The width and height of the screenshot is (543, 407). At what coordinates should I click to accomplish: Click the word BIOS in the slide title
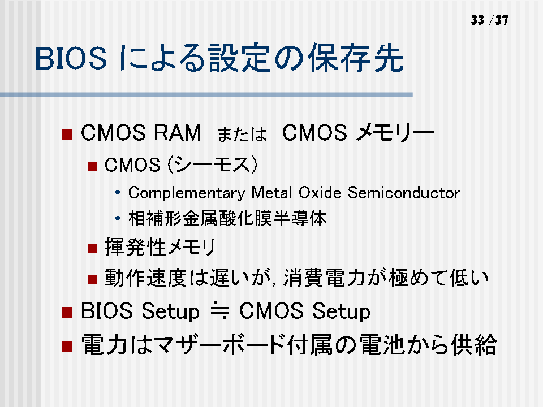pyautogui.click(x=71, y=58)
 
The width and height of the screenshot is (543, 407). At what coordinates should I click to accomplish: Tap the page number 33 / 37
pyautogui.click(x=489, y=20)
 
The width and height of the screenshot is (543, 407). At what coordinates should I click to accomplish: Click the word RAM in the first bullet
pyautogui.click(x=177, y=132)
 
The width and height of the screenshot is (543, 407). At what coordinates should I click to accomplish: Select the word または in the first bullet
pyautogui.click(x=242, y=134)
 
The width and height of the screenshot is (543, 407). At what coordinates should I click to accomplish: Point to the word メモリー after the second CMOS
pyautogui.click(x=395, y=132)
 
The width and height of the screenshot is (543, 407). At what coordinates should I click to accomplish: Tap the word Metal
pyautogui.click(x=272, y=192)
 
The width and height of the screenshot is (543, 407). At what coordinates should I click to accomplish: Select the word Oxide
pyautogui.click(x=320, y=192)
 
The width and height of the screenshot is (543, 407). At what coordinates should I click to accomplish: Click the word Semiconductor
pyautogui.click(x=404, y=192)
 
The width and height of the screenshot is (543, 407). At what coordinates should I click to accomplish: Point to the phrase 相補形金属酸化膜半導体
pyautogui.click(x=227, y=218)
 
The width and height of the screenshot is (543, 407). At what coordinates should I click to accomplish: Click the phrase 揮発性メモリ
pyautogui.click(x=160, y=247)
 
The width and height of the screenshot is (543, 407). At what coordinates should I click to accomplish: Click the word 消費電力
pyautogui.click(x=324, y=278)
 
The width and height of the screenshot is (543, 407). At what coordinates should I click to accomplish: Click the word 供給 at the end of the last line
pyautogui.click(x=474, y=344)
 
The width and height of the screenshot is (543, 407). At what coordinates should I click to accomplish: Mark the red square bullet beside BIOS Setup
pyautogui.click(x=67, y=312)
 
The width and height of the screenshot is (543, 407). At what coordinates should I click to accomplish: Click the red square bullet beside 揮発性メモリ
pyautogui.click(x=93, y=249)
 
